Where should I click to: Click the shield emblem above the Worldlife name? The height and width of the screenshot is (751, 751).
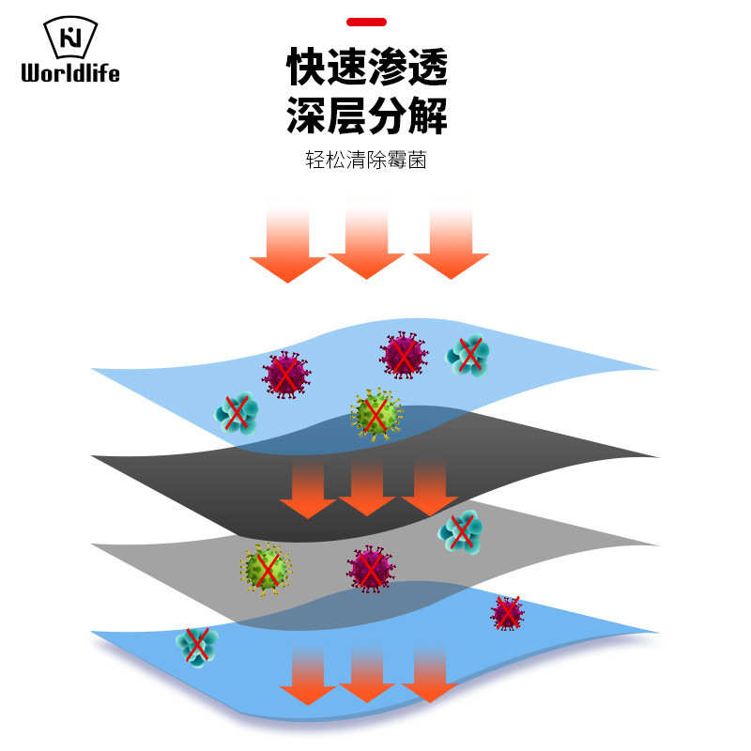click(x=70, y=37)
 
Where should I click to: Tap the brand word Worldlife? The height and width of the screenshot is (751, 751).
click(x=70, y=72)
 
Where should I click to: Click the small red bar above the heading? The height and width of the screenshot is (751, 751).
click(x=366, y=22)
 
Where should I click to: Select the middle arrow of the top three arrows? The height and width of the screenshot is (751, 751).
click(x=366, y=239)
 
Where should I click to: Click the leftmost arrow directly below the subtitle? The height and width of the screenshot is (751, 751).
click(x=287, y=242)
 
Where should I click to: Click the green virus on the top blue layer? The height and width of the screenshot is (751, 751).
click(x=375, y=413)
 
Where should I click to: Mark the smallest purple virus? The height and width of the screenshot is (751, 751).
click(x=507, y=613)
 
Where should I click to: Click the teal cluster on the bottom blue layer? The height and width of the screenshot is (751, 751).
click(x=196, y=645)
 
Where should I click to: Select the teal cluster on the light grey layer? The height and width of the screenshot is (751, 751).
click(x=461, y=531)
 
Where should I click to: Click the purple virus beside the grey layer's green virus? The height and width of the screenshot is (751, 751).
click(x=371, y=569)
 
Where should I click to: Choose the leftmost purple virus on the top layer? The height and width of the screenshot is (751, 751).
click(x=286, y=375)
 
